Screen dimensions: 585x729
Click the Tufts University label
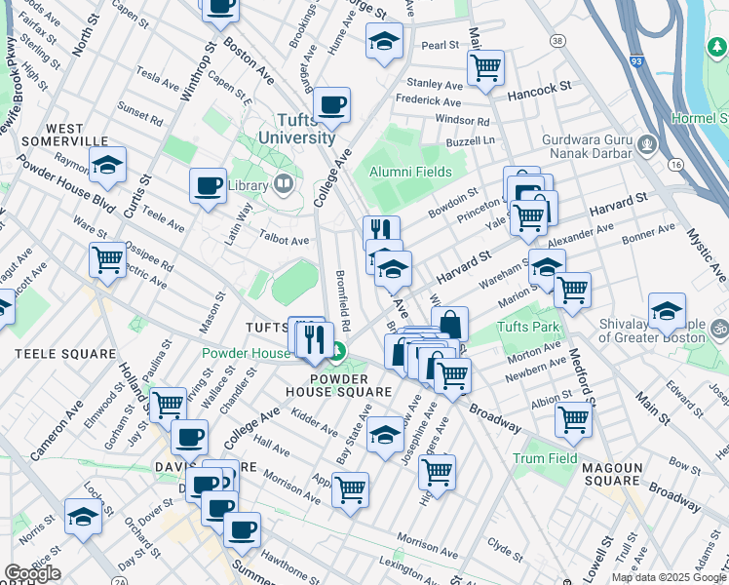(x=297, y=129)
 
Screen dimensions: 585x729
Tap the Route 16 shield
(x=673, y=164)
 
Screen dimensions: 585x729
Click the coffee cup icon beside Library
(x=207, y=185)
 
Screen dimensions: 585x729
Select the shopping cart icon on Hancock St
(x=484, y=67)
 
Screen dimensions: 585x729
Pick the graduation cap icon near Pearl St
(x=384, y=41)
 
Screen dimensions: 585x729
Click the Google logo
(x=32, y=573)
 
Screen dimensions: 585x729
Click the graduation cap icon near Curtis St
(x=109, y=167)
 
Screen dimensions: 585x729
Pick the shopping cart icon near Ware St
(x=107, y=259)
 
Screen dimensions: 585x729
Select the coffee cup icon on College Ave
(x=331, y=104)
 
